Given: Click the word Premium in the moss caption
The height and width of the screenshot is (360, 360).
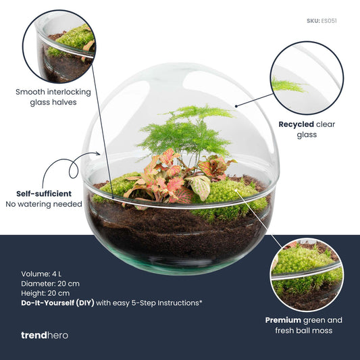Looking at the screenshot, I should coord(283,319).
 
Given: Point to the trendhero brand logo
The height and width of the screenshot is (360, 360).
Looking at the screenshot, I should coord(45,335).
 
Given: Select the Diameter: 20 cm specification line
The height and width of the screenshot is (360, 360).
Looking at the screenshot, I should coord(51,284).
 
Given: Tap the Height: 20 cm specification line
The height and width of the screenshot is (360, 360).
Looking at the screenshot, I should coord(45,293).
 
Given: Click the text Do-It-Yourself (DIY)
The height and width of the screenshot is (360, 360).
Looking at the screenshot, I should coord(57,303).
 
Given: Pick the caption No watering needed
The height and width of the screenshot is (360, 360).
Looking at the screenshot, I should coord(44,204).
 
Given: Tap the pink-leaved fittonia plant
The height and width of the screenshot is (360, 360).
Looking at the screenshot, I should coord(162,179).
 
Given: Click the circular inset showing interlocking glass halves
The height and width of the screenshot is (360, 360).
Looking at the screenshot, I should coord(59,47).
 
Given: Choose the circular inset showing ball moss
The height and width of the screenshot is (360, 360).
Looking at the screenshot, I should coord(306,274).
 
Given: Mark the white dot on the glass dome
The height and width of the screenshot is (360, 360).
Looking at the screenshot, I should coord(236,106).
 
